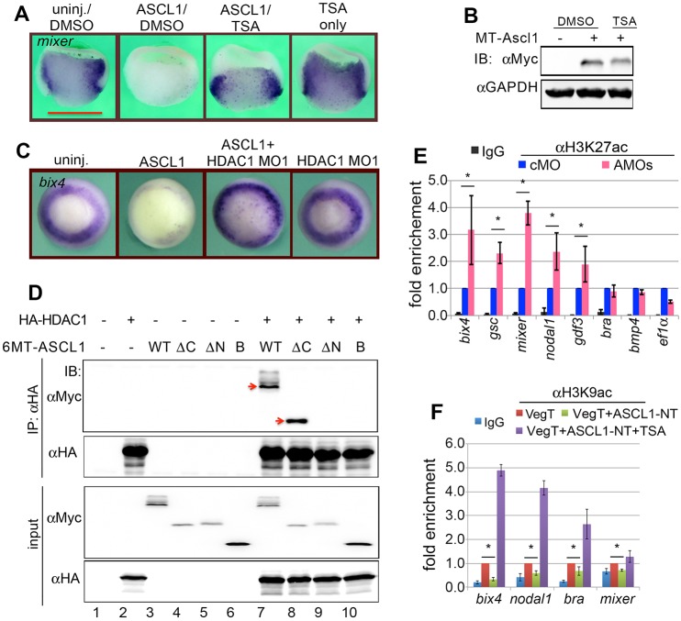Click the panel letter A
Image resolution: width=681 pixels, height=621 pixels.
click(10, 11)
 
